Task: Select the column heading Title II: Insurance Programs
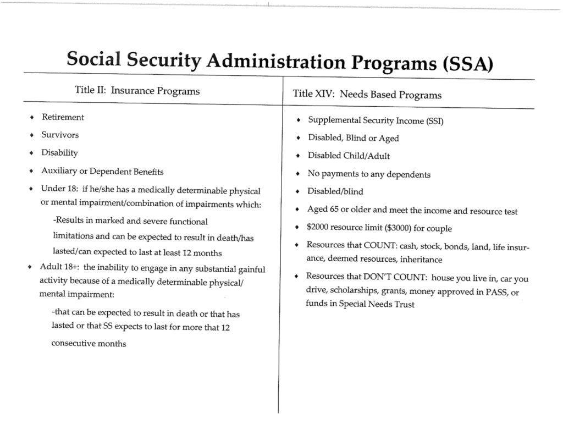(137, 90)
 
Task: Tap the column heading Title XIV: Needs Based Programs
(367, 94)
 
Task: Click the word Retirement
(63, 117)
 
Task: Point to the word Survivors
(60, 135)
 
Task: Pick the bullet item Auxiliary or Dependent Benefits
(102, 171)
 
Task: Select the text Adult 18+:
(59, 268)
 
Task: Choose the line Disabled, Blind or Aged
(353, 138)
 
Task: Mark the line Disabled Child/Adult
(349, 156)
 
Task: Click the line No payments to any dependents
(368, 174)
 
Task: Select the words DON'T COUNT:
(396, 278)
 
